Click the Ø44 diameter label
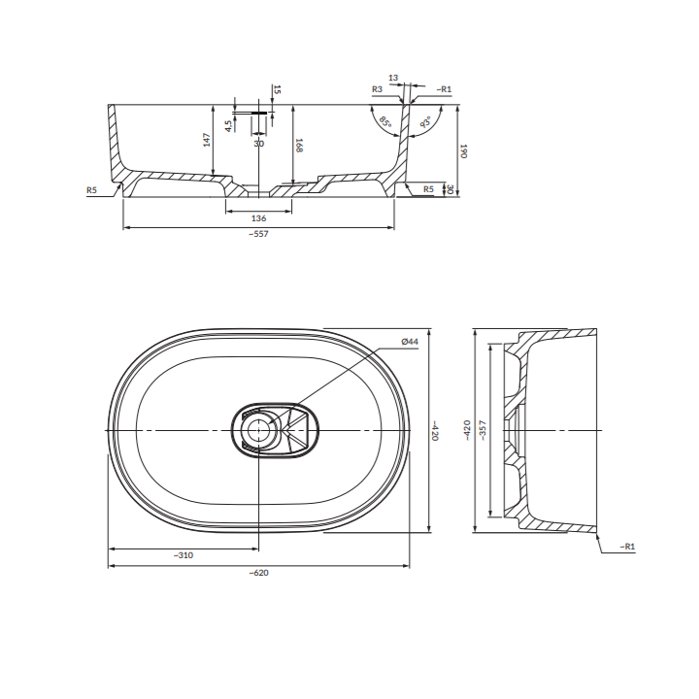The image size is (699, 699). [x=410, y=342]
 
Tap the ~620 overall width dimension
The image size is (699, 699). [x=259, y=573]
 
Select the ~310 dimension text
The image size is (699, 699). [x=183, y=555]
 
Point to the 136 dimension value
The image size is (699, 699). [x=258, y=218]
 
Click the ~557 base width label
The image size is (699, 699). [x=259, y=234]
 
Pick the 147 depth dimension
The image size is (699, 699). [x=207, y=140]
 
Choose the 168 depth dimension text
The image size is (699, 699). [x=299, y=146]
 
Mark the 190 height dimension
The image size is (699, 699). [x=463, y=150]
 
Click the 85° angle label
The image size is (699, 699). [x=385, y=121]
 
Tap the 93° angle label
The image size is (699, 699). [x=426, y=121]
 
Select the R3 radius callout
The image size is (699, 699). [x=377, y=89]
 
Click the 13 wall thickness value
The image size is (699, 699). [x=393, y=78]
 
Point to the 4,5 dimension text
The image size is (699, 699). [x=228, y=125]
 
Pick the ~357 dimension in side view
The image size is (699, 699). [x=483, y=430]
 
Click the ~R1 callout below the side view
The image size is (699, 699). [x=627, y=547]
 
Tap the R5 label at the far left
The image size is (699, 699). [x=91, y=190]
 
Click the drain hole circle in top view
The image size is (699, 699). [x=256, y=430]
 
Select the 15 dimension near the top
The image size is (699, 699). [x=277, y=89]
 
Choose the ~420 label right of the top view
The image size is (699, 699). [x=435, y=430]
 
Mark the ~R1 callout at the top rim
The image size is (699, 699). [x=444, y=89]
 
